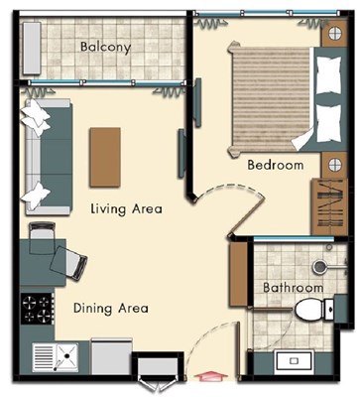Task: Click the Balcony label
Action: click(105, 47)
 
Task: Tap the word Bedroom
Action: click(276, 165)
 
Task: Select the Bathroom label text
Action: click(293, 288)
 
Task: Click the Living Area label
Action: click(126, 209)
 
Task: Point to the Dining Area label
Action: click(111, 308)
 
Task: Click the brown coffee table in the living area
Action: click(105, 157)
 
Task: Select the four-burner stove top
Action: click(37, 309)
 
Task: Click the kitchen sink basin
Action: click(67, 356)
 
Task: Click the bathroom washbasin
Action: click(295, 360)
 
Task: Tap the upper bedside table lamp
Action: click(335, 33)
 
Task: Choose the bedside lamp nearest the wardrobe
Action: click(335, 165)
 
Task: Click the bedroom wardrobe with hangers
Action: click(329, 207)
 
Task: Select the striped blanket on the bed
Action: click(271, 98)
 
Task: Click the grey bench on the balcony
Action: click(32, 49)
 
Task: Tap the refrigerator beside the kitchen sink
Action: click(111, 356)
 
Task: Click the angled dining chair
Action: click(68, 264)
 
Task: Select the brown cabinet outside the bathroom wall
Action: click(239, 275)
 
